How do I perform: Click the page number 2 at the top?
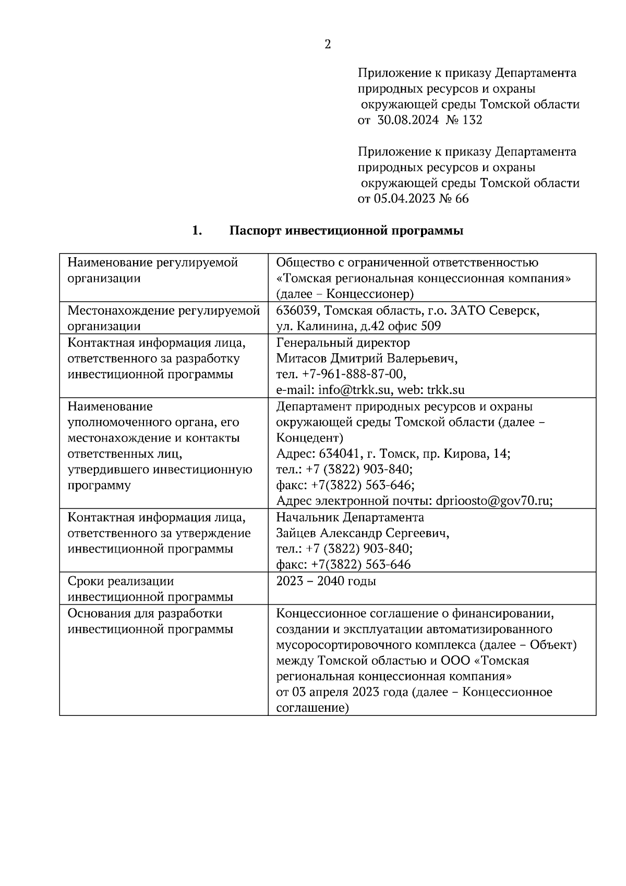tap(328, 45)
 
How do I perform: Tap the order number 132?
tap(472, 120)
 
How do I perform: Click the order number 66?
tap(462, 199)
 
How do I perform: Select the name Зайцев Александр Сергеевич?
tap(363, 533)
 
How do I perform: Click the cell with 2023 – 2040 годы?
tap(326, 581)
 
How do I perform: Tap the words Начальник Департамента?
tap(350, 518)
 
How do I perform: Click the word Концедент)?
tap(309, 438)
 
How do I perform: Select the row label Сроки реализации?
tap(121, 581)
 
